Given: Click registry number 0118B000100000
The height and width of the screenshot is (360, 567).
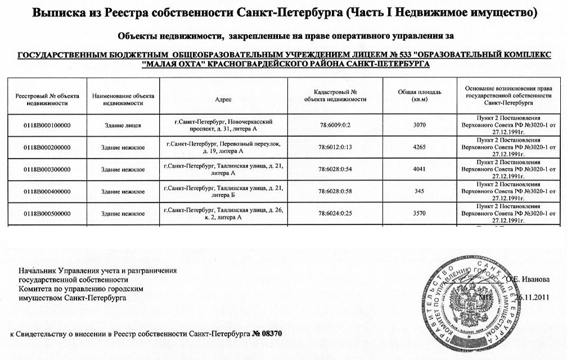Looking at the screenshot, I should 47,125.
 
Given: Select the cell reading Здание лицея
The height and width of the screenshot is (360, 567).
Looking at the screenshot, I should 123,125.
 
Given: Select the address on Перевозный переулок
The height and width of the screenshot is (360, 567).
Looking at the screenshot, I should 223,147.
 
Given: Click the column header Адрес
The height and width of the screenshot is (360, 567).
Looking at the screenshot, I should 223,99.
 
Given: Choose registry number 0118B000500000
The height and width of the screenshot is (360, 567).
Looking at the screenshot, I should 47,214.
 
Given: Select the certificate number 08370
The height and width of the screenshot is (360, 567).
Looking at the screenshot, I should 271,334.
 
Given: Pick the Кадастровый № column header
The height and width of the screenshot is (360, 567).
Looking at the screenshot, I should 335,95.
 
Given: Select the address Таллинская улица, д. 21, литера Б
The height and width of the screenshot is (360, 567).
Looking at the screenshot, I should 223,192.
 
